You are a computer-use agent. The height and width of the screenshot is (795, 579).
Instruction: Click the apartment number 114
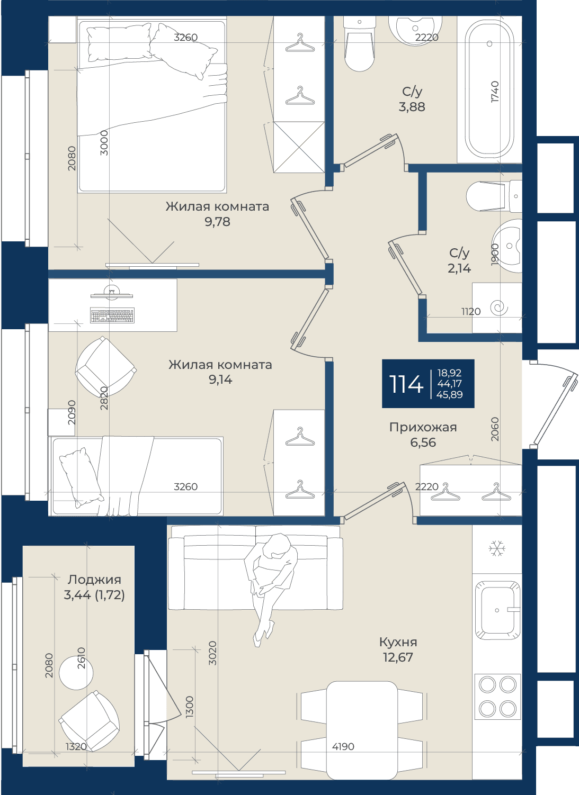pyautogui.click(x=406, y=384)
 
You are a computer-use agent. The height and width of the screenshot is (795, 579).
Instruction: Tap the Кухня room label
pyautogui.click(x=398, y=642)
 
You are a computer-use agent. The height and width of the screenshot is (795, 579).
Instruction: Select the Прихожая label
pyautogui.click(x=423, y=427)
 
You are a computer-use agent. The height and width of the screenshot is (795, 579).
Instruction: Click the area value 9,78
pyautogui.click(x=217, y=222)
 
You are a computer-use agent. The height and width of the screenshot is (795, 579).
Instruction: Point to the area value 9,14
pyautogui.click(x=220, y=380)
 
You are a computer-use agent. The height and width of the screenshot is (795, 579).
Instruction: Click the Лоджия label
pyautogui.click(x=94, y=580)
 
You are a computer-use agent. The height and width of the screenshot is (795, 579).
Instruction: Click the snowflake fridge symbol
pyautogui.click(x=496, y=549)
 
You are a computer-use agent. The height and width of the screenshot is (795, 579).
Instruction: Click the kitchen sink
pyautogui.click(x=497, y=610)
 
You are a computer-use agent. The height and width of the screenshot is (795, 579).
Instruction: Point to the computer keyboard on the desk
pyautogui.click(x=112, y=315)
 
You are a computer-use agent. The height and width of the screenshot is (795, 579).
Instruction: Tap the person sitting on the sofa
pyautogui.click(x=271, y=590)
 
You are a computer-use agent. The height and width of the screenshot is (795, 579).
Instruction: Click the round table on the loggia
pyautogui.click(x=76, y=673)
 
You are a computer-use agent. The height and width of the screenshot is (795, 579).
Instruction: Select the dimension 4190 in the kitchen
pyautogui.click(x=343, y=746)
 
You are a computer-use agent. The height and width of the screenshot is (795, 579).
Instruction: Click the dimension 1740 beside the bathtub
pyautogui.click(x=495, y=92)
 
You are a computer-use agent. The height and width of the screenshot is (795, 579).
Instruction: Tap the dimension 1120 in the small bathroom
pyautogui.click(x=470, y=312)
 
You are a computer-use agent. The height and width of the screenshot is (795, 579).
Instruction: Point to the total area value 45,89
pyautogui.click(x=449, y=394)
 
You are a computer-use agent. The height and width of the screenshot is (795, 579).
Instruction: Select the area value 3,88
pyautogui.click(x=412, y=106)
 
